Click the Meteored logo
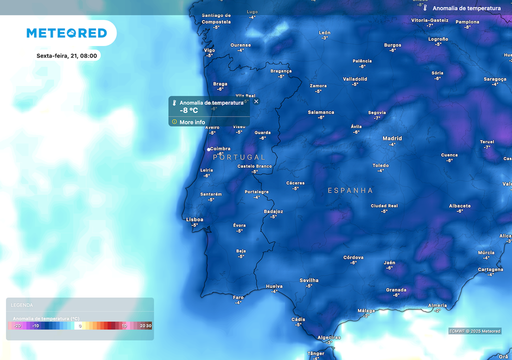[66, 33]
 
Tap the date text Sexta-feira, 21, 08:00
[66, 55]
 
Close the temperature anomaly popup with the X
[256, 101]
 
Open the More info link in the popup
[192, 122]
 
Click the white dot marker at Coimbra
[208, 149]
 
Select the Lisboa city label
[194, 219]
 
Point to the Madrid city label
[392, 138]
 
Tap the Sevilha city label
[309, 280]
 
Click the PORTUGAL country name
[239, 157]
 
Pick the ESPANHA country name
[350, 190]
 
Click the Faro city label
[238, 297]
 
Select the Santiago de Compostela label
[216, 18]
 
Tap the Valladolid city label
[355, 79]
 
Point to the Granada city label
[396, 290]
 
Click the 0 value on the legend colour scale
[80, 326]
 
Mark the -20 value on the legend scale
[17, 326]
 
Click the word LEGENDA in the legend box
[21, 305]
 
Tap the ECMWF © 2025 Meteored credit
[474, 331]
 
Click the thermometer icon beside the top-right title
[425, 8]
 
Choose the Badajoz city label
[273, 211]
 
